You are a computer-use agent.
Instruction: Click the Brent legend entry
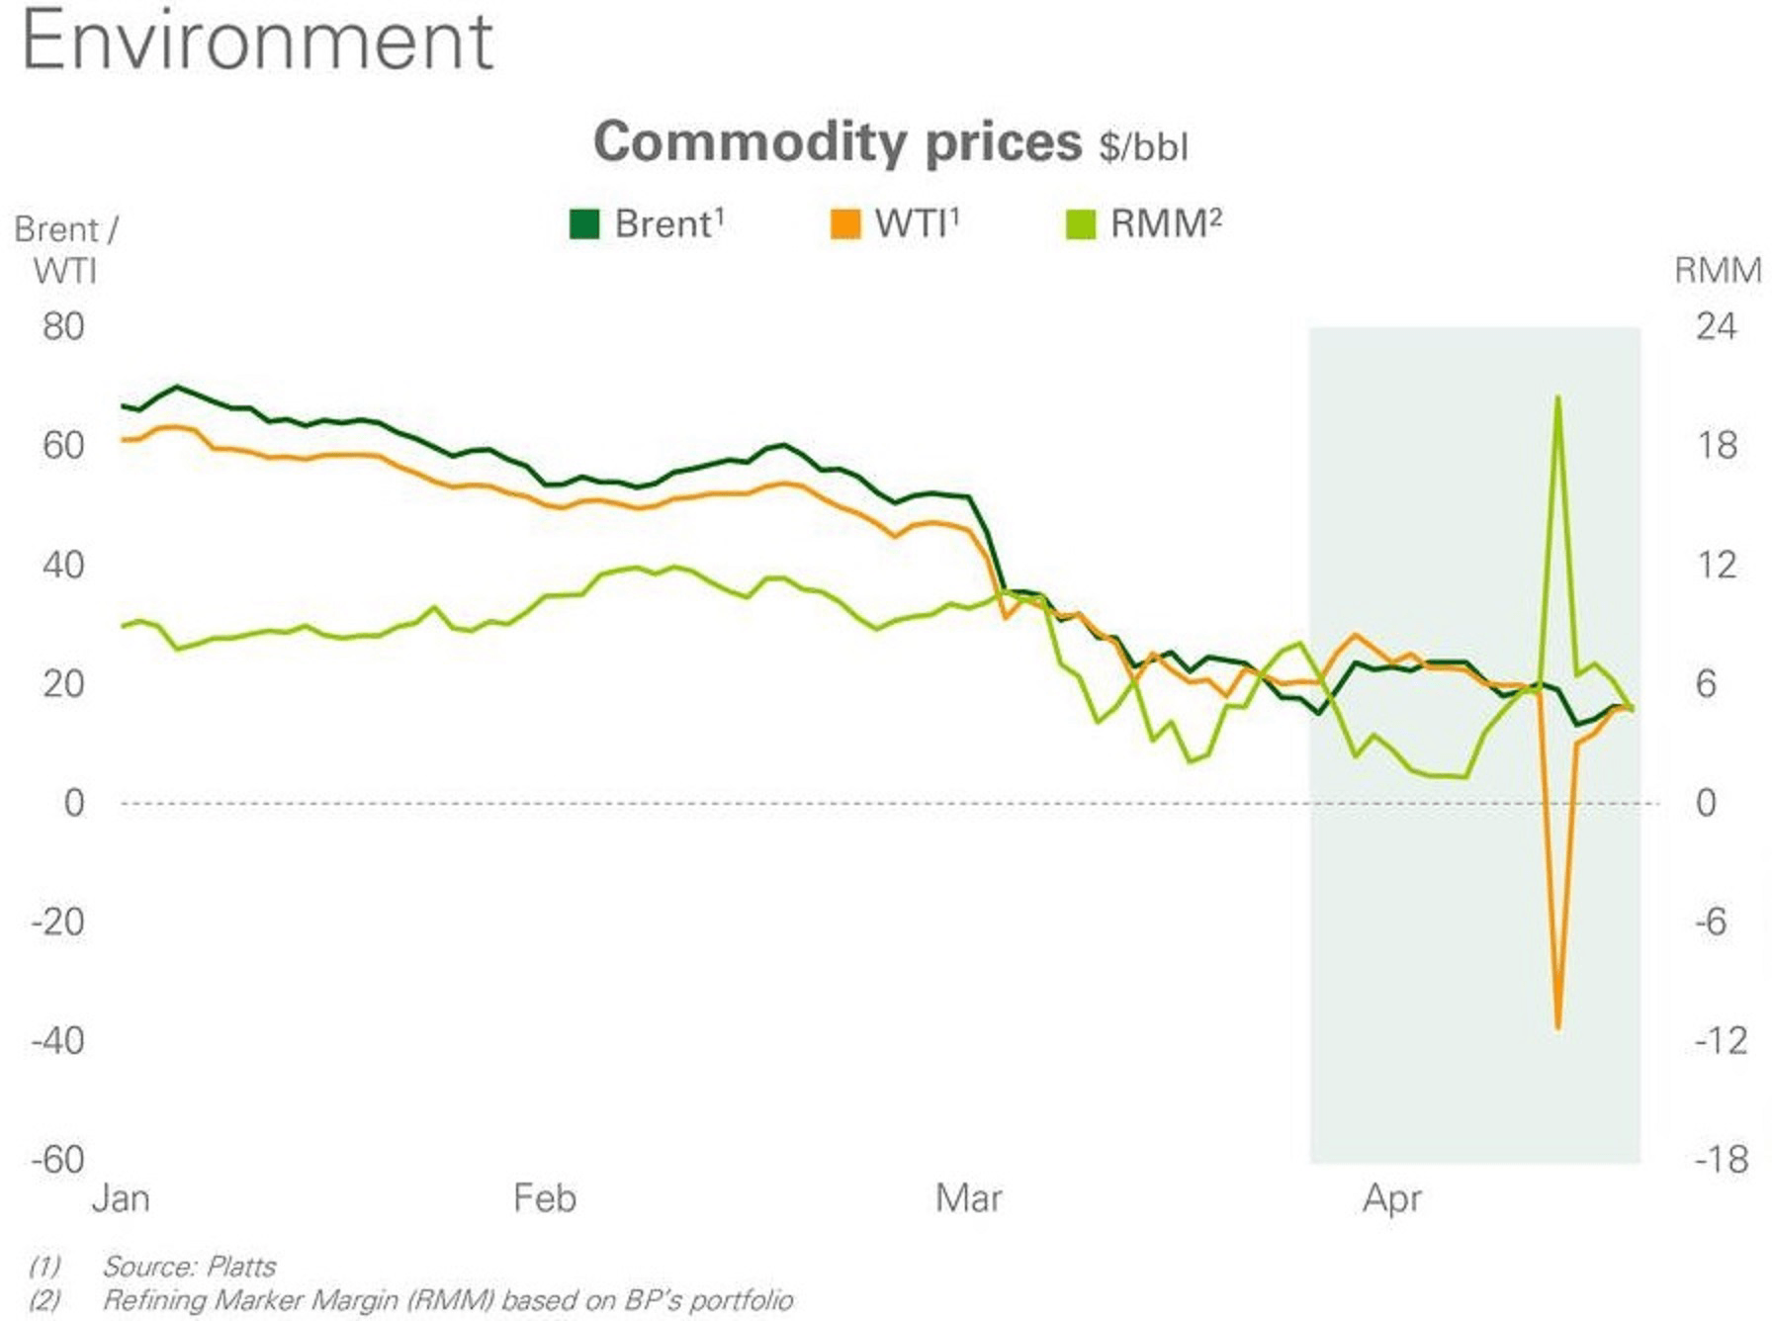coord(648,224)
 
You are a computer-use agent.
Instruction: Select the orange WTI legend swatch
coord(845,224)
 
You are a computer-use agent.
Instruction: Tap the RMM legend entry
coord(1145,224)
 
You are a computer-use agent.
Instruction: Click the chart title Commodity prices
coord(837,142)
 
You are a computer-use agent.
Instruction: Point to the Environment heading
coord(257,42)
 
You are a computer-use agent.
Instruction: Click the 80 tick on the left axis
coord(63,327)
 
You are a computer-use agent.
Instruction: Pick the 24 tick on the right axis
coord(1716,327)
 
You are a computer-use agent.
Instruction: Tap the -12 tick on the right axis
coord(1720,1040)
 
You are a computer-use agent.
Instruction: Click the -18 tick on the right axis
coord(1720,1159)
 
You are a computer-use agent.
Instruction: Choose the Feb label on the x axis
coord(544,1199)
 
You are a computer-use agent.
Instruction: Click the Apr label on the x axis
coord(1391,1199)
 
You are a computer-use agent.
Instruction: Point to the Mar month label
coord(968,1199)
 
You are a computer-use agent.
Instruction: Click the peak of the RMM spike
coord(1558,397)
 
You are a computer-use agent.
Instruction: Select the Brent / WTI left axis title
coord(65,249)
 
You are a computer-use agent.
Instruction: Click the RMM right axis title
coord(1718,270)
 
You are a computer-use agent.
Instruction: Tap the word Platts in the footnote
coord(241,1267)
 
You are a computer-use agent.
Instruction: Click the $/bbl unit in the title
coord(1143,147)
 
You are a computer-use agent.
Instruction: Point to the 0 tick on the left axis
coord(74,803)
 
